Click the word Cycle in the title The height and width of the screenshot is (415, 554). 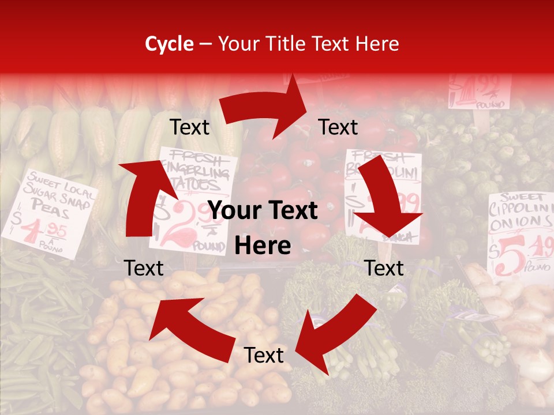click(169, 44)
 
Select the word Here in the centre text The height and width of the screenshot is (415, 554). click(263, 246)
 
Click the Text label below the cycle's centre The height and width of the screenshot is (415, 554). click(264, 356)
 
